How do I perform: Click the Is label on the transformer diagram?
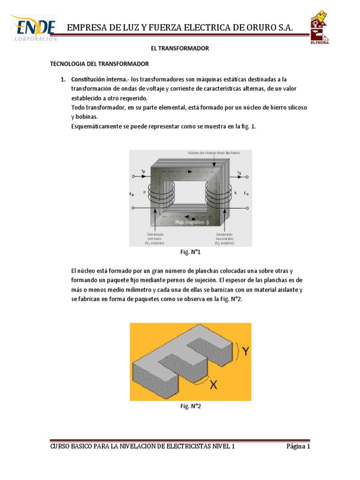(240, 172)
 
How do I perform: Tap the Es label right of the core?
(246, 193)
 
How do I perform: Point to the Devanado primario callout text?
(154, 238)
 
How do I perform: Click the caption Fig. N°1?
(190, 252)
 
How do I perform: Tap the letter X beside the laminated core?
(213, 385)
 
